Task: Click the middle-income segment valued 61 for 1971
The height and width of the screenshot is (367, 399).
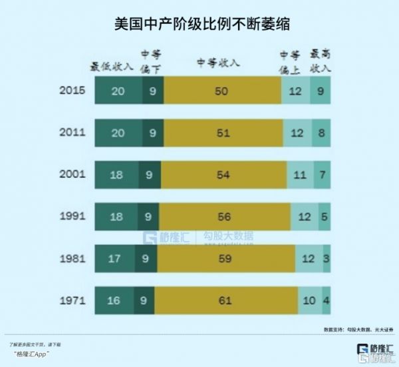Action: [225, 301]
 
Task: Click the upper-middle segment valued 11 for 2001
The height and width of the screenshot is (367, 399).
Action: [299, 175]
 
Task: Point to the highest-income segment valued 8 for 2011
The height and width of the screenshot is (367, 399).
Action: [321, 133]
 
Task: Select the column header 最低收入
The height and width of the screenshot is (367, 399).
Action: [111, 67]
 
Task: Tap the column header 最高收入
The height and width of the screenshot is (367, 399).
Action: [321, 61]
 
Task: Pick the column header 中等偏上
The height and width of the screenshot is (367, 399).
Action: [290, 61]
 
